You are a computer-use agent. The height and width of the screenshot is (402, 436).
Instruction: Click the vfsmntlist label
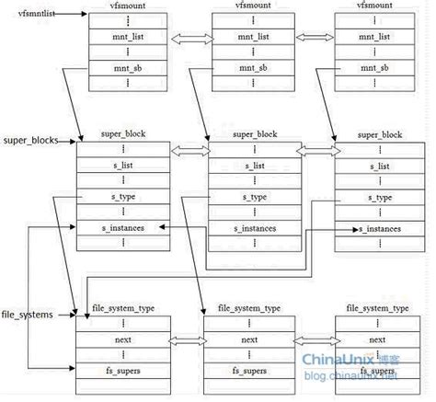click(26, 16)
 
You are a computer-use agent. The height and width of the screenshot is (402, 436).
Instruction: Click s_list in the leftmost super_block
click(117, 167)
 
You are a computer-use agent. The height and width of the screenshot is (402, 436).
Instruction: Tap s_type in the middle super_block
click(244, 198)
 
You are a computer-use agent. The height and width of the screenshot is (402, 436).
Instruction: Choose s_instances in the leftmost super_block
click(117, 226)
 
